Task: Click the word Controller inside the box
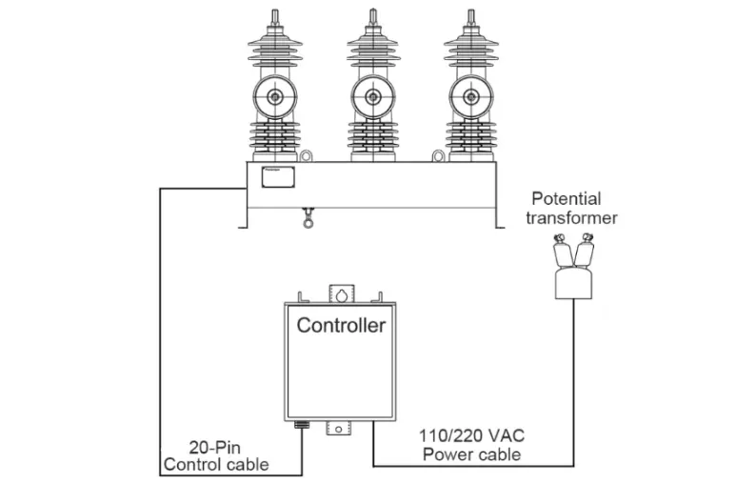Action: (341, 325)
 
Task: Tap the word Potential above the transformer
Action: (566, 199)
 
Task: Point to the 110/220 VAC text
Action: (471, 435)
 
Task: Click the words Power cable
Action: (470, 454)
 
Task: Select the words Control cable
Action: (215, 465)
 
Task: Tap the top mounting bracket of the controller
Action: (340, 292)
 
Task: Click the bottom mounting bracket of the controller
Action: (340, 431)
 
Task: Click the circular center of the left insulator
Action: (275, 96)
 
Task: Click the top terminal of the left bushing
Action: (275, 19)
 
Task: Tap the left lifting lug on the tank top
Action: (307, 155)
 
